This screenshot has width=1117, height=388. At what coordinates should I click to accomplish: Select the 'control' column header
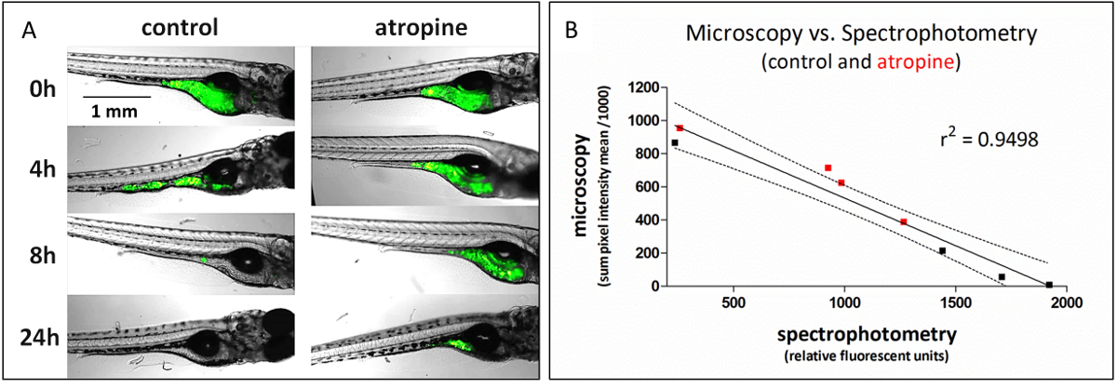point(180,28)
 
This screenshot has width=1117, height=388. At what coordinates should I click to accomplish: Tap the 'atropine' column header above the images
point(412,28)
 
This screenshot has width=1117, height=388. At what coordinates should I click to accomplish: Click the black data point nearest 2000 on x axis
point(1049,285)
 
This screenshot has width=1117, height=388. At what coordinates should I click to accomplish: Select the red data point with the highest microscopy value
point(680,128)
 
